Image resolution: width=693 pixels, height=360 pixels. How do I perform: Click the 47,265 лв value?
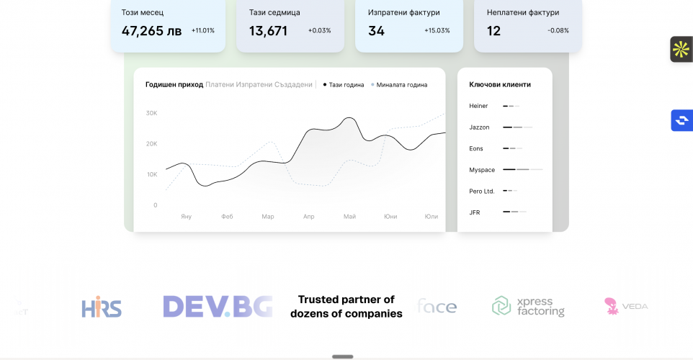151,31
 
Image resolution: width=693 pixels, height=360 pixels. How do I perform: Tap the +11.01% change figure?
203,31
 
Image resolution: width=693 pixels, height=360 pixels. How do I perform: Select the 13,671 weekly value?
268,31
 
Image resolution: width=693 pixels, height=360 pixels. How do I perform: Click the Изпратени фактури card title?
403,12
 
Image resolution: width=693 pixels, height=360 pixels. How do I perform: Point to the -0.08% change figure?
558,31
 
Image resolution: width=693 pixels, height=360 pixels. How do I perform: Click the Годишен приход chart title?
174,84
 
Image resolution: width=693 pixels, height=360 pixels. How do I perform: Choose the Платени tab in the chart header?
220,84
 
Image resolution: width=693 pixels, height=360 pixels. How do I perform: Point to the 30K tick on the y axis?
151,113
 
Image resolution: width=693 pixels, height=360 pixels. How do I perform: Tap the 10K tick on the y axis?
151,174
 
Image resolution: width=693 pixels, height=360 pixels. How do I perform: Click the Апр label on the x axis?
309,216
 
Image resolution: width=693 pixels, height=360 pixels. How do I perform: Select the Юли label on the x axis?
432,216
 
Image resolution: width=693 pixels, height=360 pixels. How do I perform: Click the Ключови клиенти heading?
500,84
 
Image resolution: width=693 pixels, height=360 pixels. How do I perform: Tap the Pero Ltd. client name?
481,191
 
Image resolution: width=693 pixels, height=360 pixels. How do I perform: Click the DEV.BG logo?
218,307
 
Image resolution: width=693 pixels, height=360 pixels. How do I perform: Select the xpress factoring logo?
528,306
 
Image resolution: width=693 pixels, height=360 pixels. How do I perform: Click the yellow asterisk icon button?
681,49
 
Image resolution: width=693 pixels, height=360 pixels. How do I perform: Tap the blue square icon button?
681,120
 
